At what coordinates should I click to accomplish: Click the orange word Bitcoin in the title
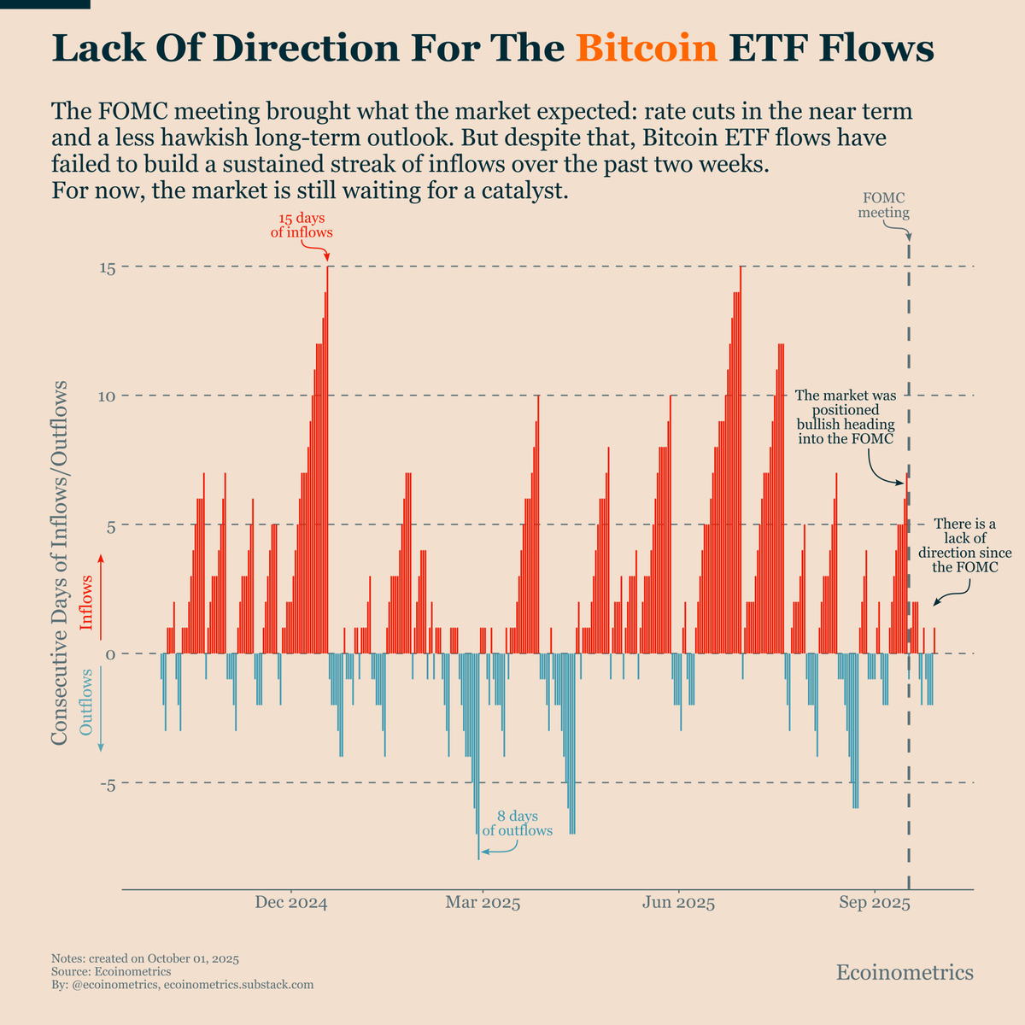point(646,49)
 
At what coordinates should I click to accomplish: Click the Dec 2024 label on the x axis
point(291,904)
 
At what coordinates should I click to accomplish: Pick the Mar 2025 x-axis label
point(483,904)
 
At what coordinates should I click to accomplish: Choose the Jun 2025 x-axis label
point(678,904)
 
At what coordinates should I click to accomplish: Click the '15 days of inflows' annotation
point(302,225)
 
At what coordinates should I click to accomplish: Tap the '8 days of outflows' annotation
point(518,823)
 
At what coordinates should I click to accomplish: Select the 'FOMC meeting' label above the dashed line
point(883,206)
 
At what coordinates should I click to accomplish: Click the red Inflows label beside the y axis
point(86,602)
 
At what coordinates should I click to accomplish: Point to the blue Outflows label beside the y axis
point(86,702)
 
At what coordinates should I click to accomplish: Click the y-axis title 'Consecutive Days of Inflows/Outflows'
point(60,562)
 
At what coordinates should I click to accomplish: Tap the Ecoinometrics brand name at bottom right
point(904,972)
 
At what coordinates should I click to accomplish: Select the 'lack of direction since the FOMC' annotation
point(965,545)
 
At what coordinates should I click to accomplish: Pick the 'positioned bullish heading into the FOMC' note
point(845,417)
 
